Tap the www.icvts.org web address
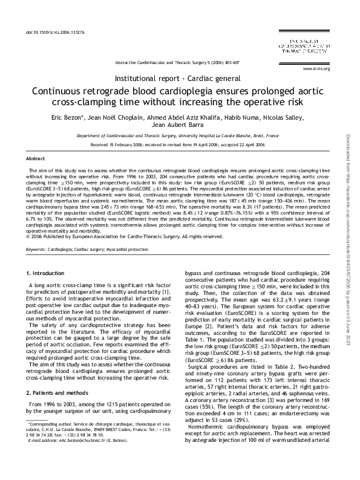pyautogui.click(x=319, y=69)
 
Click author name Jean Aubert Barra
pyautogui.click(x=180, y=126)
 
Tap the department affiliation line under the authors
pyautogui.click(x=180, y=137)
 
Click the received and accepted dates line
pyautogui.click(x=180, y=145)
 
